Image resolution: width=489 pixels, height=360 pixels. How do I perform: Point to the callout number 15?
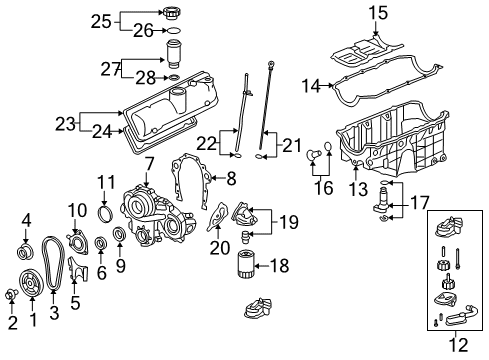coord(377,12)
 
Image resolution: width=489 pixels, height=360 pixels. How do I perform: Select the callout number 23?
coord(65,125)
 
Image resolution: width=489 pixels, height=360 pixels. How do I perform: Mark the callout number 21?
coord(292,146)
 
